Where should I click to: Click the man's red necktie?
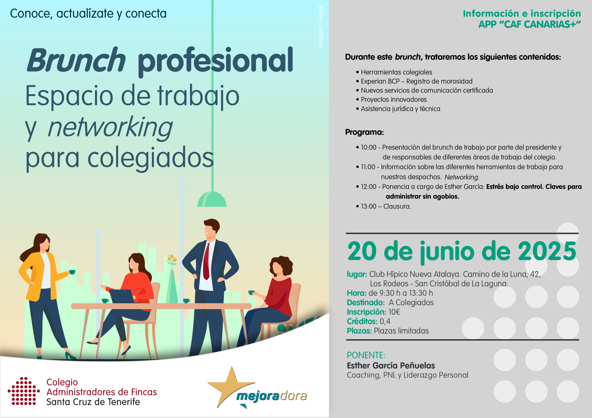coord(207,261)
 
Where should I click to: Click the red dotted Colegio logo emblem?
coord(24,391)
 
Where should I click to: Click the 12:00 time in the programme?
coord(368,187)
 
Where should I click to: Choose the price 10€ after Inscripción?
coord(394,312)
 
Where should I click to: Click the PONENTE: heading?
coord(366,355)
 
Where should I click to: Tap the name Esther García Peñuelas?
coord(391,365)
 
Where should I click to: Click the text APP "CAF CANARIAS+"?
coord(530,24)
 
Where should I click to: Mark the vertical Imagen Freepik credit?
coord(321,27)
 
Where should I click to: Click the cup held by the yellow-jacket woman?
coord(72,272)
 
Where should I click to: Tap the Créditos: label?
coord(362,321)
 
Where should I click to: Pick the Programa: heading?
coord(364,132)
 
